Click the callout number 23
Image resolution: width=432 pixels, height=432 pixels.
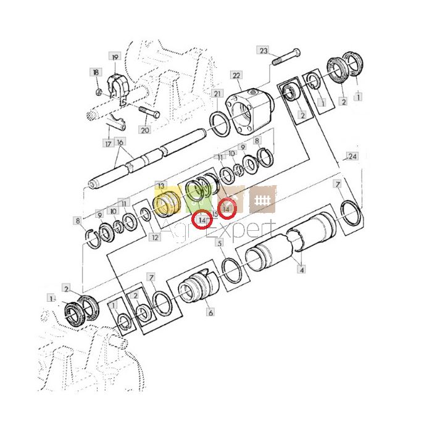(x=264, y=51)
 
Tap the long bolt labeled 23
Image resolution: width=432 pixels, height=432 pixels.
(x=286, y=57)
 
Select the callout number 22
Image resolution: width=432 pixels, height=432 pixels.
(x=236, y=75)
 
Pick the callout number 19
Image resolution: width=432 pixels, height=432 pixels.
(x=115, y=57)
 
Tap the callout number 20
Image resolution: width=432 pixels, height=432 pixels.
(x=145, y=130)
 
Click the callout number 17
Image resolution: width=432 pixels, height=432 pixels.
(x=108, y=143)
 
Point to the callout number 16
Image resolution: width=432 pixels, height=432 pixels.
(x=120, y=142)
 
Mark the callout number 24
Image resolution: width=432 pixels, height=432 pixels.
(x=352, y=157)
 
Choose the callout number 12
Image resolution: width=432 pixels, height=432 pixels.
(x=155, y=236)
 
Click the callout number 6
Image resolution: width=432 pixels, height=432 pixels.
(x=210, y=312)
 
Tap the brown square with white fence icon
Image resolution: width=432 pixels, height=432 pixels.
(x=262, y=200)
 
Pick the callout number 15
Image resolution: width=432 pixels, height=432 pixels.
(x=215, y=214)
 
